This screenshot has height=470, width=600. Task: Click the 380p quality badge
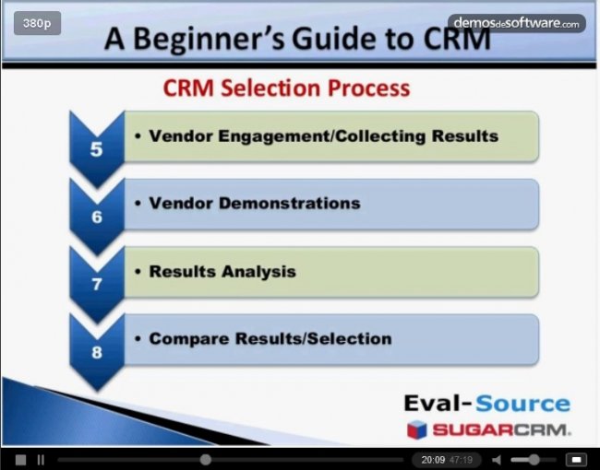pos(37,23)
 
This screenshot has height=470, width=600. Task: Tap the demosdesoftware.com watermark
pos(517,23)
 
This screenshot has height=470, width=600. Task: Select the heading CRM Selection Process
pos(286,88)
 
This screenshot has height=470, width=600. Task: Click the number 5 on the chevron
pos(96,149)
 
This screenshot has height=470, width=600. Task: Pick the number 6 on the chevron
pos(97,217)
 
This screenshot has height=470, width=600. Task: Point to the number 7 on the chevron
pos(97,284)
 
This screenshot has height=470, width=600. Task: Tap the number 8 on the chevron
pos(97,352)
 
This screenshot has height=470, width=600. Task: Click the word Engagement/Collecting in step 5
pos(322,136)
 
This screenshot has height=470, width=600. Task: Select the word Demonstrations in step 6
pos(290,204)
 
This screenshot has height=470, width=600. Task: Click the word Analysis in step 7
pos(258,272)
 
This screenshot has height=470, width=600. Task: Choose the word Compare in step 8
pos(189,339)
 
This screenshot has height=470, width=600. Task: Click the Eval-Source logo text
pos(487,404)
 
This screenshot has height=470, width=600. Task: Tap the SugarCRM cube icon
pos(416,429)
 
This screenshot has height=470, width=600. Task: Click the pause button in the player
pos(41,460)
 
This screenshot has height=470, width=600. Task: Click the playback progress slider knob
pos(206,460)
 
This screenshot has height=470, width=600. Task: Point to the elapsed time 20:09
pos(433,460)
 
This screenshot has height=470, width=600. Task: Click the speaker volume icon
pos(497,460)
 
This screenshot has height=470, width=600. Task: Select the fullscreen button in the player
pos(576,459)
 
